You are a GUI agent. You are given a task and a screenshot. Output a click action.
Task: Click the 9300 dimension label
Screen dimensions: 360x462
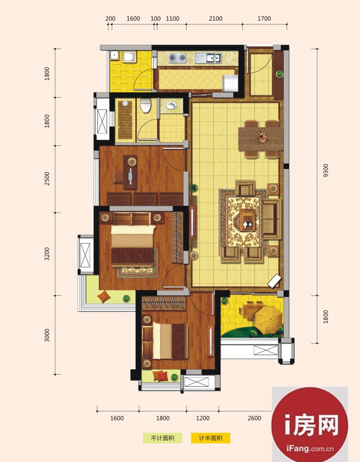[326, 170]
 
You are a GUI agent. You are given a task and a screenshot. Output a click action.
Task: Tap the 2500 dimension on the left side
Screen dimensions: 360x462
[47, 178]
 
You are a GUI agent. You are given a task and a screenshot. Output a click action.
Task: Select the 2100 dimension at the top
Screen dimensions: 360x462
[216, 18]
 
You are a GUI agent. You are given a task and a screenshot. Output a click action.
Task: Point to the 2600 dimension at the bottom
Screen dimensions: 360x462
[254, 418]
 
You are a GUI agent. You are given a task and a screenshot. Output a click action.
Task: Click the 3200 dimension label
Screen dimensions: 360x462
[47, 254]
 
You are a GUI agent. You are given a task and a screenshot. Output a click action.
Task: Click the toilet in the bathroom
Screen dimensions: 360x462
[146, 105]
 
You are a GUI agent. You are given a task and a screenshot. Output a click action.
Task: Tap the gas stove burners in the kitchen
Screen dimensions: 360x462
[177, 58]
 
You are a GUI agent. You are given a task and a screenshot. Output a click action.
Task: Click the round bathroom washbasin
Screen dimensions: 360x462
[171, 105]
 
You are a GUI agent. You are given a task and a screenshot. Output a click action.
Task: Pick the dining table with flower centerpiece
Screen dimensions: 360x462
[261, 138]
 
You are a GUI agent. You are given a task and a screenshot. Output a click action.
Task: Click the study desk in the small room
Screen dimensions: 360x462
[131, 172]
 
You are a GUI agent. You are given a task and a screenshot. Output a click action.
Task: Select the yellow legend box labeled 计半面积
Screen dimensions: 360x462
[210, 438]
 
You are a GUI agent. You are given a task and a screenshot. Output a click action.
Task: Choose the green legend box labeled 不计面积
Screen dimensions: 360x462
[162, 438]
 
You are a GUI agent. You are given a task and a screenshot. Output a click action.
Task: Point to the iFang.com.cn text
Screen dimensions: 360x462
[310, 449]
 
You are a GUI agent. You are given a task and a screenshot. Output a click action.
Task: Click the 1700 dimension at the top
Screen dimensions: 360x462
[264, 18]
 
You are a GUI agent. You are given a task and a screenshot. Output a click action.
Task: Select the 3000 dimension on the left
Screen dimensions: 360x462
[47, 335]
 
